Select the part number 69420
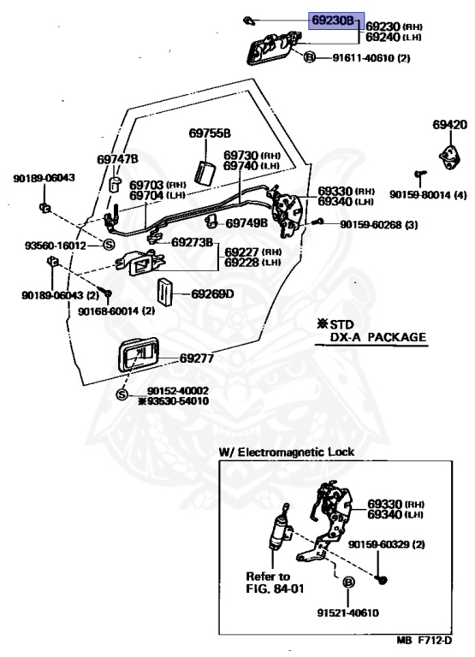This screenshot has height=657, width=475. [x=450, y=124]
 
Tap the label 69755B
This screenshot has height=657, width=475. [x=210, y=133]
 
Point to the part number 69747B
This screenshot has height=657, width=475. [x=117, y=160]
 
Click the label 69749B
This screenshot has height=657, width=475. [x=246, y=223]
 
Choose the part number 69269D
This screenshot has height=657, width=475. [x=212, y=293]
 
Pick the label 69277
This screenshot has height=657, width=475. [x=197, y=358]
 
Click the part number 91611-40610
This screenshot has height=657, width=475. [x=365, y=57]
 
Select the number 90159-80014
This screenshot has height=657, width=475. [x=420, y=195]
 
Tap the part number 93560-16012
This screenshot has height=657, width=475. [x=55, y=246]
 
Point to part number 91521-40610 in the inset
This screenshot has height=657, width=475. [x=348, y=613]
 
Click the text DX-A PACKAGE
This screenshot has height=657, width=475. [x=377, y=337]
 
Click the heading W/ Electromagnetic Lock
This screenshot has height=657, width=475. [x=287, y=452]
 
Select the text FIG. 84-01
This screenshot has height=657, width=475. [x=275, y=589]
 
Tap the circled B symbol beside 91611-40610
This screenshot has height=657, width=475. [x=309, y=56]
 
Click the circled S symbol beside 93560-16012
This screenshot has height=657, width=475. [x=108, y=245]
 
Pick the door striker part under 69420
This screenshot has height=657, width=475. [x=450, y=158]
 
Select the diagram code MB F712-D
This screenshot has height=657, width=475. [x=425, y=641]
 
